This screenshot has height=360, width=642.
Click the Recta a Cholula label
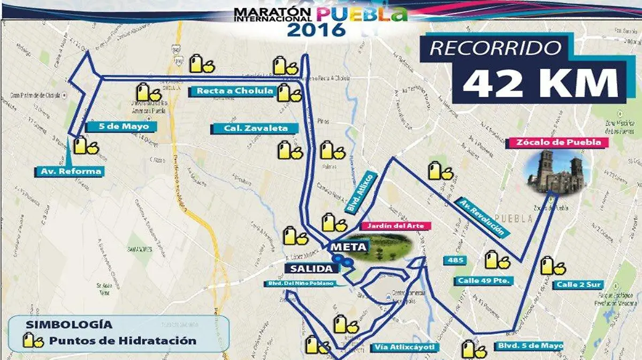pyautogui.click(x=234, y=91)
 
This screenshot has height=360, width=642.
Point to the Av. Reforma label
pyautogui.click(x=71, y=172)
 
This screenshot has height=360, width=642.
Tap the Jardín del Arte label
pyautogui.click(x=396, y=226)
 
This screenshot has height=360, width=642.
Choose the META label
pyautogui.click(x=348, y=247)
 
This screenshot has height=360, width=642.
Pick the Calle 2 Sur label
pyautogui.click(x=575, y=284)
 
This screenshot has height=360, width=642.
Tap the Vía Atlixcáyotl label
pyautogui.click(x=405, y=348)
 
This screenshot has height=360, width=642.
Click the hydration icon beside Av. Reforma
pyautogui.click(x=86, y=146)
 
